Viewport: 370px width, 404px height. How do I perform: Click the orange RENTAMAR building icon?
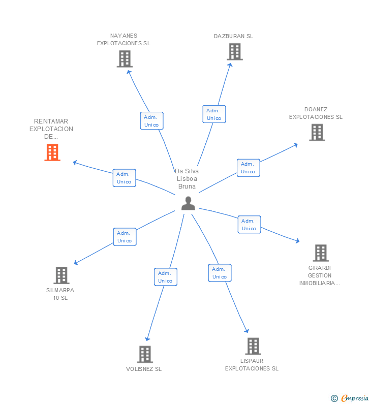(52, 152)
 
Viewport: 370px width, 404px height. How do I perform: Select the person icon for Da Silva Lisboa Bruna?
(188, 203)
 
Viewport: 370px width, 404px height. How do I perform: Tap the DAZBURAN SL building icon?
(234, 52)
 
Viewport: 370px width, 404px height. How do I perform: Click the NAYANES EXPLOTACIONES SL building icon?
(125, 59)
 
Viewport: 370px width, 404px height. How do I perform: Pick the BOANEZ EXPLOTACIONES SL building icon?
(317, 133)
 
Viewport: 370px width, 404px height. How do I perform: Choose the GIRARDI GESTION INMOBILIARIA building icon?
(320, 253)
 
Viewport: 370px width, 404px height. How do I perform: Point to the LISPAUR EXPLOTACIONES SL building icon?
(253, 346)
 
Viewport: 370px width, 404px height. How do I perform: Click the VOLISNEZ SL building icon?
(145, 354)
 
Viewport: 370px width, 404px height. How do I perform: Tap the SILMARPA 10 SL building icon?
(61, 275)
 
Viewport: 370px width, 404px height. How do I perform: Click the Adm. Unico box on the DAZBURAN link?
(213, 114)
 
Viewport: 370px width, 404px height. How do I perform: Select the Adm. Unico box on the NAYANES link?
(151, 121)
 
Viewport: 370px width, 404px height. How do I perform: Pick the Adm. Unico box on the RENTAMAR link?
(124, 178)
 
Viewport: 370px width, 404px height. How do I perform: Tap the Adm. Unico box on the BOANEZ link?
(248, 168)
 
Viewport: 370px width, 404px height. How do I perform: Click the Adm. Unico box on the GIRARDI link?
(249, 225)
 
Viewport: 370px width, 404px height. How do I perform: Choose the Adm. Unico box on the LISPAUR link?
(220, 273)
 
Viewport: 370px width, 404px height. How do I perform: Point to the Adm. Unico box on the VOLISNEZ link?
(165, 277)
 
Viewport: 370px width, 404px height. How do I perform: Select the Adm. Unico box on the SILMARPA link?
(125, 237)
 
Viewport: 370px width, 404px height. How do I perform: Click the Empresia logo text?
(355, 398)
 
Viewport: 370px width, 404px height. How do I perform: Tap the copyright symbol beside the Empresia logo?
(334, 398)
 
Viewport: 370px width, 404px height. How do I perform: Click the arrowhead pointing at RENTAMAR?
(75, 163)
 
